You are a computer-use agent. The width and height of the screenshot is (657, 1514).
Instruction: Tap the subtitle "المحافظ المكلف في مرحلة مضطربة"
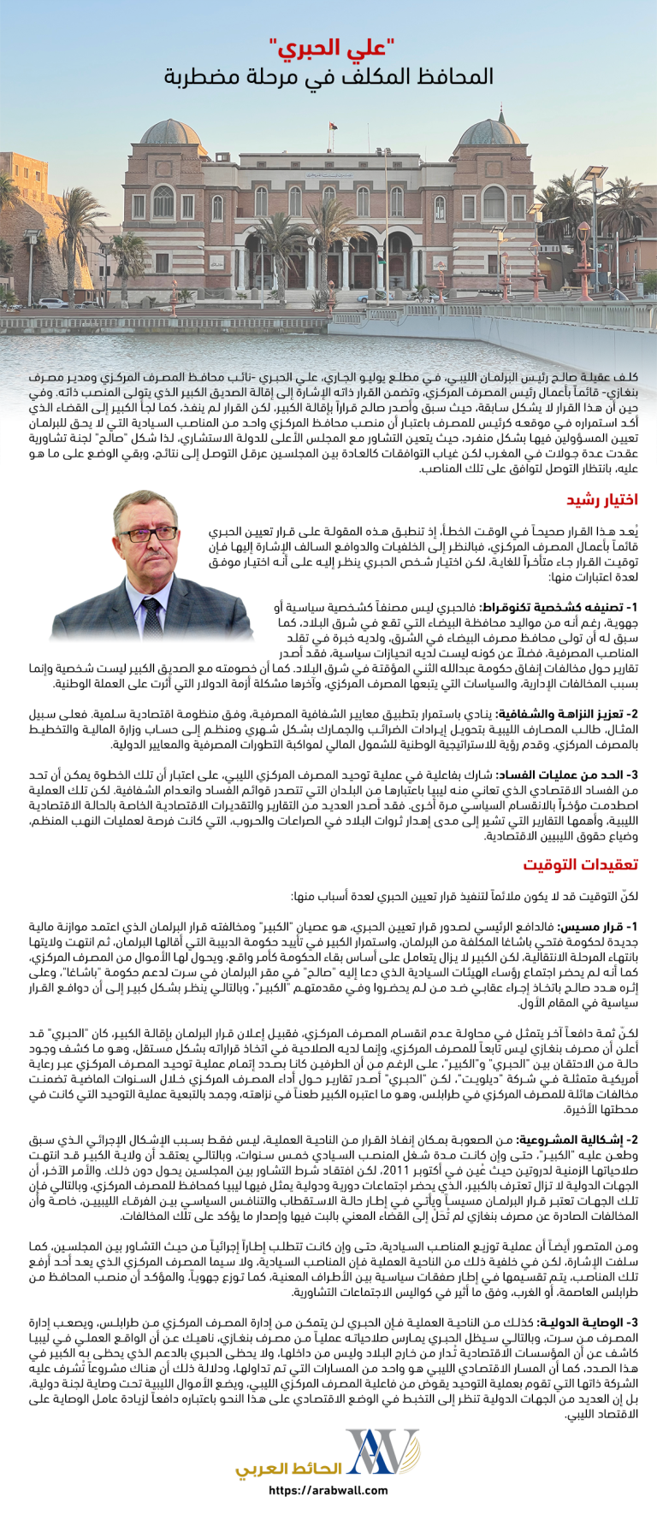(x=329, y=77)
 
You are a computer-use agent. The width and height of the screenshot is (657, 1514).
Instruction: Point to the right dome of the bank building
(x=489, y=135)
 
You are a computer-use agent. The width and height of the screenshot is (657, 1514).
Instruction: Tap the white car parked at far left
(x=52, y=303)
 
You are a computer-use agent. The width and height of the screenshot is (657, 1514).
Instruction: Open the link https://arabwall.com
(x=328, y=1491)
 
